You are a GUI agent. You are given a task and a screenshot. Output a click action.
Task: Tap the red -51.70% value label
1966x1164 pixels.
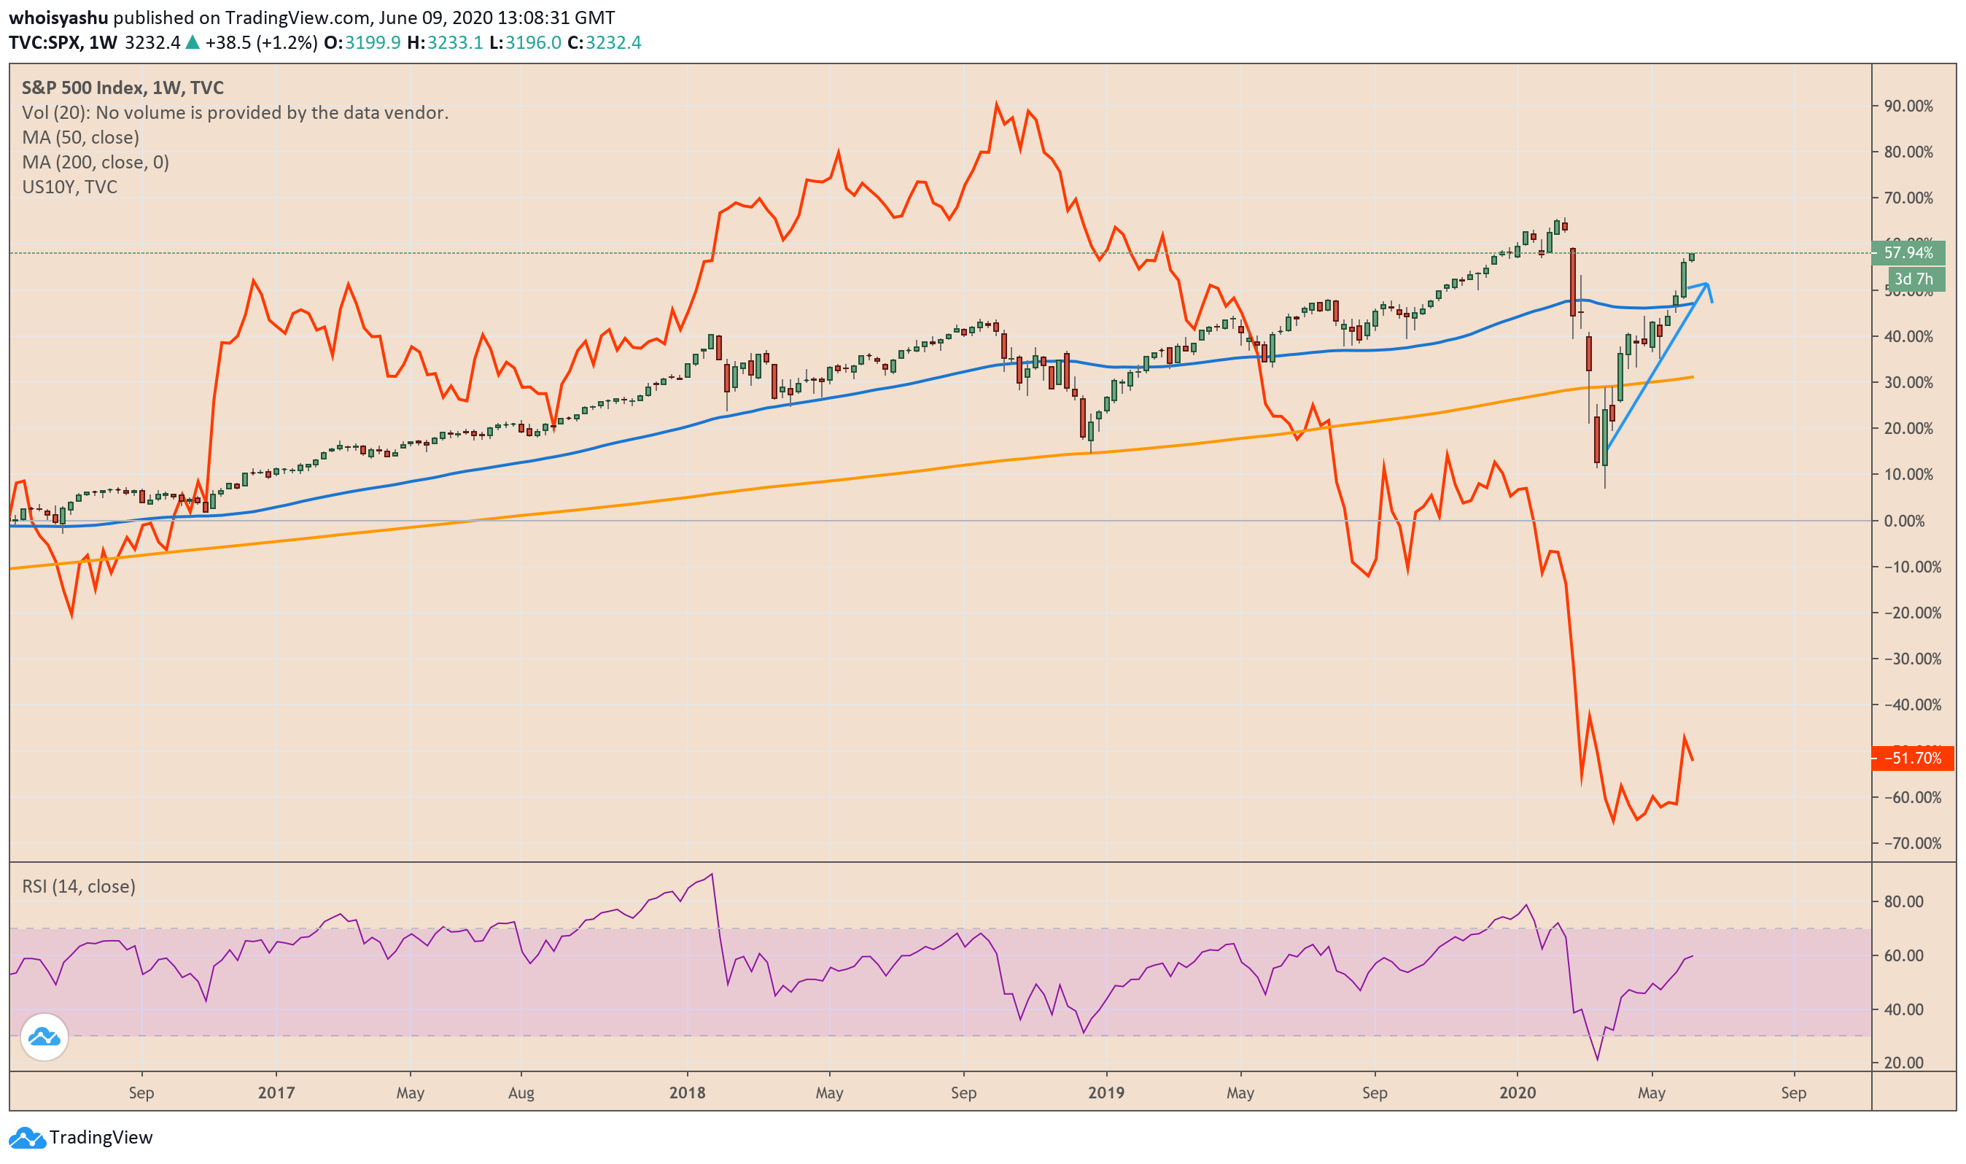1911,758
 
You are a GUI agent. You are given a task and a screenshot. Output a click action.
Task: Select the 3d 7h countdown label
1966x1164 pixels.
1913,279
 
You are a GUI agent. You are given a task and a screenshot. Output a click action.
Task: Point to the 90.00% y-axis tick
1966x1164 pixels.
1908,106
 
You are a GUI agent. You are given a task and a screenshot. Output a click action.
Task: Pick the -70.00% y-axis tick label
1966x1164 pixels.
1908,843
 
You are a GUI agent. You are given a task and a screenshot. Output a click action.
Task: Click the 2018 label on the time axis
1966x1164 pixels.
687,1093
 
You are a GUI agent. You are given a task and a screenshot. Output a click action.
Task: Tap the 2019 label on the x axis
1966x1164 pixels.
1106,1093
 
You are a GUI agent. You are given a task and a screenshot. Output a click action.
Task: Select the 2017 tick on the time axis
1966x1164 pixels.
276,1093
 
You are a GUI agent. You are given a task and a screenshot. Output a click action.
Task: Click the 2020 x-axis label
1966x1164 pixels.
1517,1093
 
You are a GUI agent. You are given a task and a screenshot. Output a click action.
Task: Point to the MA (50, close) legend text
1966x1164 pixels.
81,137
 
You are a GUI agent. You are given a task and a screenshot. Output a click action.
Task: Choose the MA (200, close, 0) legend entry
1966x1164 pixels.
96,163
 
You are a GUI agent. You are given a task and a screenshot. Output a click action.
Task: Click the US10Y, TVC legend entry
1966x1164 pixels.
70,187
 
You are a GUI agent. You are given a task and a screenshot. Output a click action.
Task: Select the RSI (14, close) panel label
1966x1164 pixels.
79,886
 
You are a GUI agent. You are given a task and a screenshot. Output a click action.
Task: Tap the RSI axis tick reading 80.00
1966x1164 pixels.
1903,902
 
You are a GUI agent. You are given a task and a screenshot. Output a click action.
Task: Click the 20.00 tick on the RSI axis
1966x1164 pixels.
1903,1063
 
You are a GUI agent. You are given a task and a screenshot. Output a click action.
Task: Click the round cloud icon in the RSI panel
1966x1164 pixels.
44,1037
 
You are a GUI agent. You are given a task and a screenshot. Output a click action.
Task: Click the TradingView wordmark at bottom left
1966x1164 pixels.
101,1137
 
